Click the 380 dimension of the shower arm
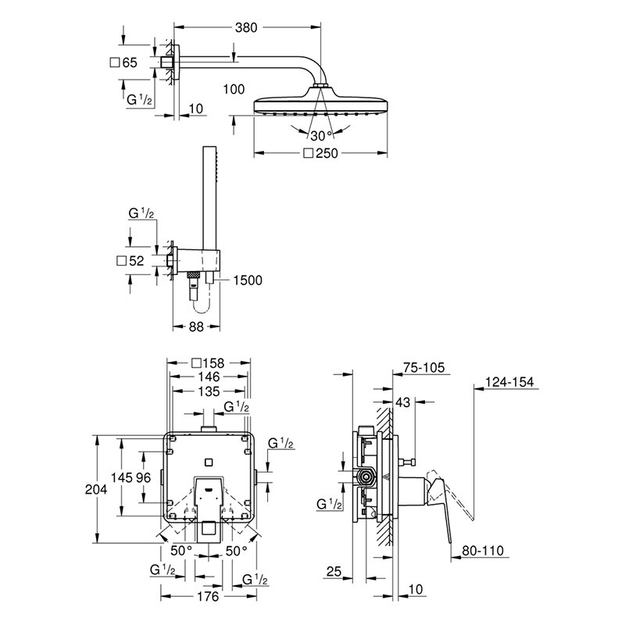click(245, 26)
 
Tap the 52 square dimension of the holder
click(134, 261)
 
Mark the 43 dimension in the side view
click(402, 402)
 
